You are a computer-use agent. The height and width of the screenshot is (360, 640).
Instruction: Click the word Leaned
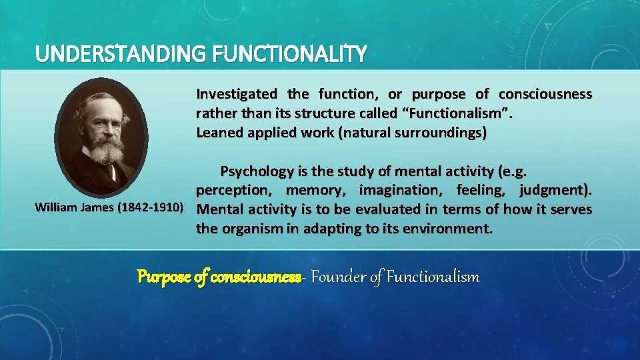[217, 133]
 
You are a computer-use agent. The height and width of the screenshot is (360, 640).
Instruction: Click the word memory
[315, 191]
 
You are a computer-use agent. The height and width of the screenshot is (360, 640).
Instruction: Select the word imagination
[401, 191]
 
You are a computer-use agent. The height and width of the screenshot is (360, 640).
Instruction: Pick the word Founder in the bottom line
[336, 277]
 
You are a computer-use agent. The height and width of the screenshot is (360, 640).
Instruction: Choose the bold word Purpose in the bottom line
[163, 277]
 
